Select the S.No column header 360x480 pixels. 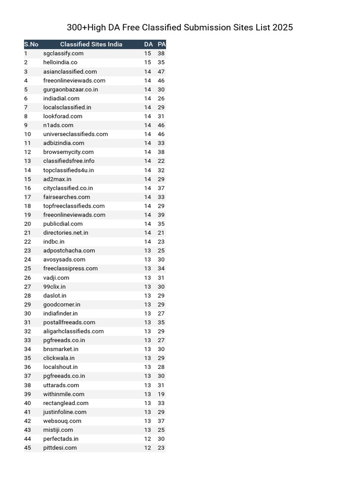(31, 45)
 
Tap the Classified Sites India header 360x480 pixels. (91, 45)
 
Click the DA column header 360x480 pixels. (148, 45)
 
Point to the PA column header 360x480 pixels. (161, 45)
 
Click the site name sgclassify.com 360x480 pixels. (63, 53)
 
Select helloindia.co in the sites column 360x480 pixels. (60, 62)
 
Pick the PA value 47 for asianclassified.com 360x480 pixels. (161, 72)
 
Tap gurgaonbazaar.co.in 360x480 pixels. (70, 90)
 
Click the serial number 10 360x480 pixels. (27, 134)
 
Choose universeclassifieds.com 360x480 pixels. (75, 134)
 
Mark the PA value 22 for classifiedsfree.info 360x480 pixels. (161, 161)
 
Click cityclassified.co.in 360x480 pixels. (68, 188)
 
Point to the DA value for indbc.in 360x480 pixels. (148, 242)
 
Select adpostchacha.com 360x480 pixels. (69, 251)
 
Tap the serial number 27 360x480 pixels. (27, 287)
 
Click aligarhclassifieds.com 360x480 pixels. (73, 331)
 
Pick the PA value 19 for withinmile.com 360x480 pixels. (161, 394)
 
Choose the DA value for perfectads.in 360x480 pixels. (148, 439)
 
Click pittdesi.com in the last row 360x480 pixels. (60, 448)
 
